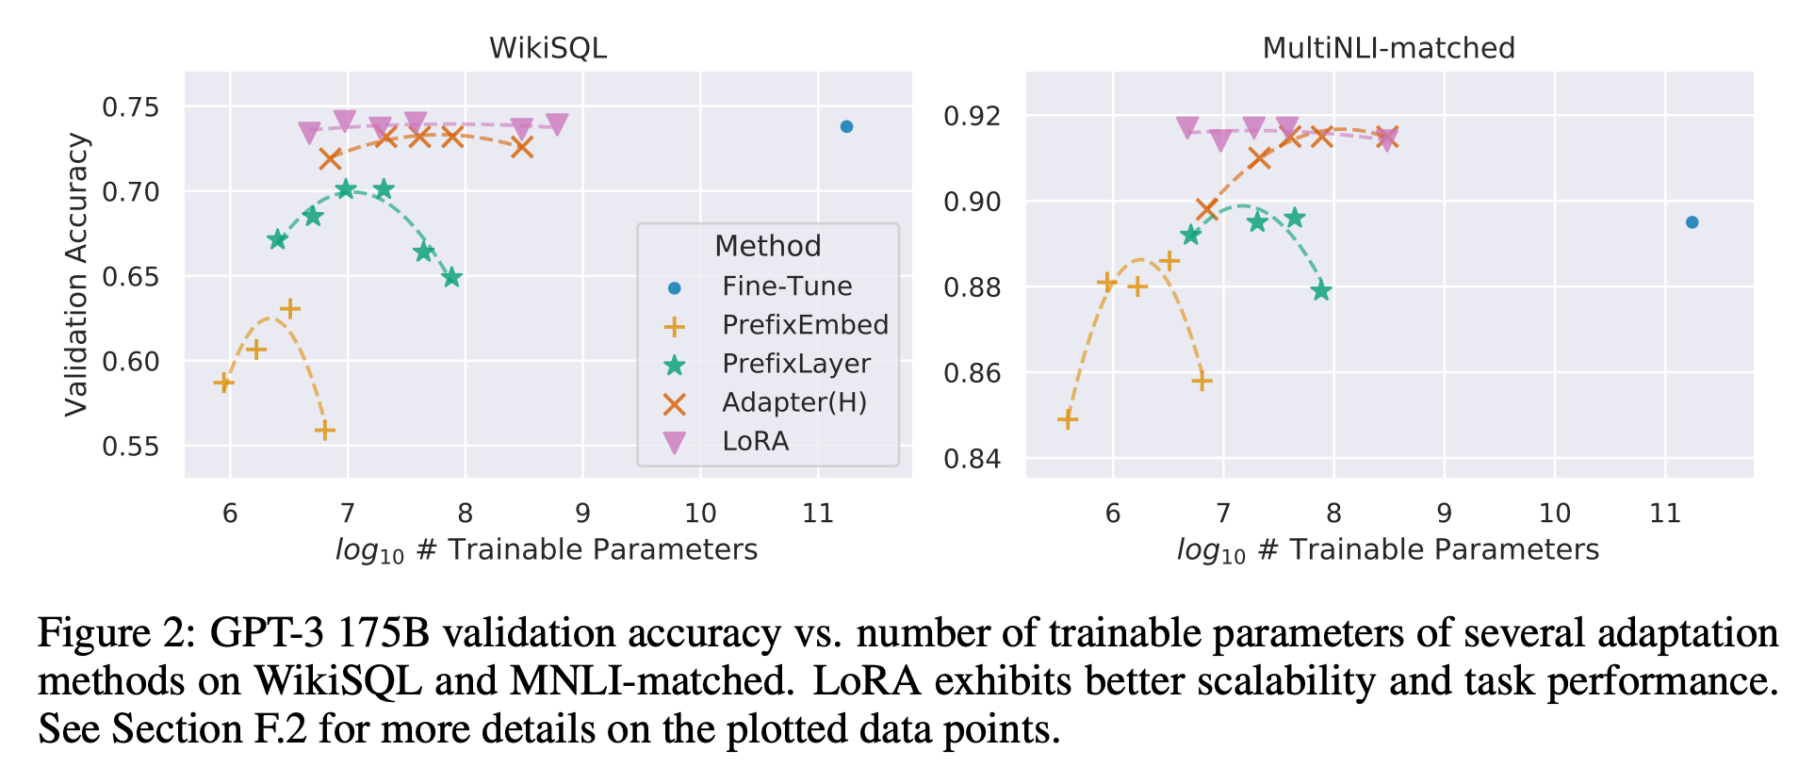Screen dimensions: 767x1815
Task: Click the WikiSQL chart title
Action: [x=548, y=48]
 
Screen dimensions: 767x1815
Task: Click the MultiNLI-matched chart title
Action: [x=1388, y=48]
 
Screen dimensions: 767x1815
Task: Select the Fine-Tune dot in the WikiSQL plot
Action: [x=846, y=126]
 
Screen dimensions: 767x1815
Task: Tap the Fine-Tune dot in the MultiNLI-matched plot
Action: [x=1692, y=222]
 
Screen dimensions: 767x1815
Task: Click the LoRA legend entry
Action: [x=755, y=441]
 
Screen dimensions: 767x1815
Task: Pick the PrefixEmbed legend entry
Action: [x=805, y=325]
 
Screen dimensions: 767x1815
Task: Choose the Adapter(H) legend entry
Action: [x=793, y=402]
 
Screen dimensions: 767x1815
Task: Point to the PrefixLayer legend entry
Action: [x=795, y=364]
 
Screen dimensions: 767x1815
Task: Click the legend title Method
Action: [x=768, y=246]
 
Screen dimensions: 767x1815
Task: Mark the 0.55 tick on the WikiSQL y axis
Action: [x=132, y=446]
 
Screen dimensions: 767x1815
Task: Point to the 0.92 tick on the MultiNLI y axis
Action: [x=972, y=116]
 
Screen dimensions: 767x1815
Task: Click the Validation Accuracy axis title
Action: [x=76, y=274]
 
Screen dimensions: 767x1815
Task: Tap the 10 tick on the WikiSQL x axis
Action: [x=700, y=514]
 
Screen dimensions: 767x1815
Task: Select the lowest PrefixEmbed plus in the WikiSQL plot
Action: [x=325, y=431]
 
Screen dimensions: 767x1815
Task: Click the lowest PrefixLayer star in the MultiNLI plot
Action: [x=1321, y=290]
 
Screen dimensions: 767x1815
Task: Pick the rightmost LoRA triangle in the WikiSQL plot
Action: [x=557, y=124]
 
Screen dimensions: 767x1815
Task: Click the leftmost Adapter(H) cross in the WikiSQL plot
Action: [x=330, y=158]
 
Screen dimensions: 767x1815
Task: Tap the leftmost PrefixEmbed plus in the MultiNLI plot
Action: [x=1067, y=419]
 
